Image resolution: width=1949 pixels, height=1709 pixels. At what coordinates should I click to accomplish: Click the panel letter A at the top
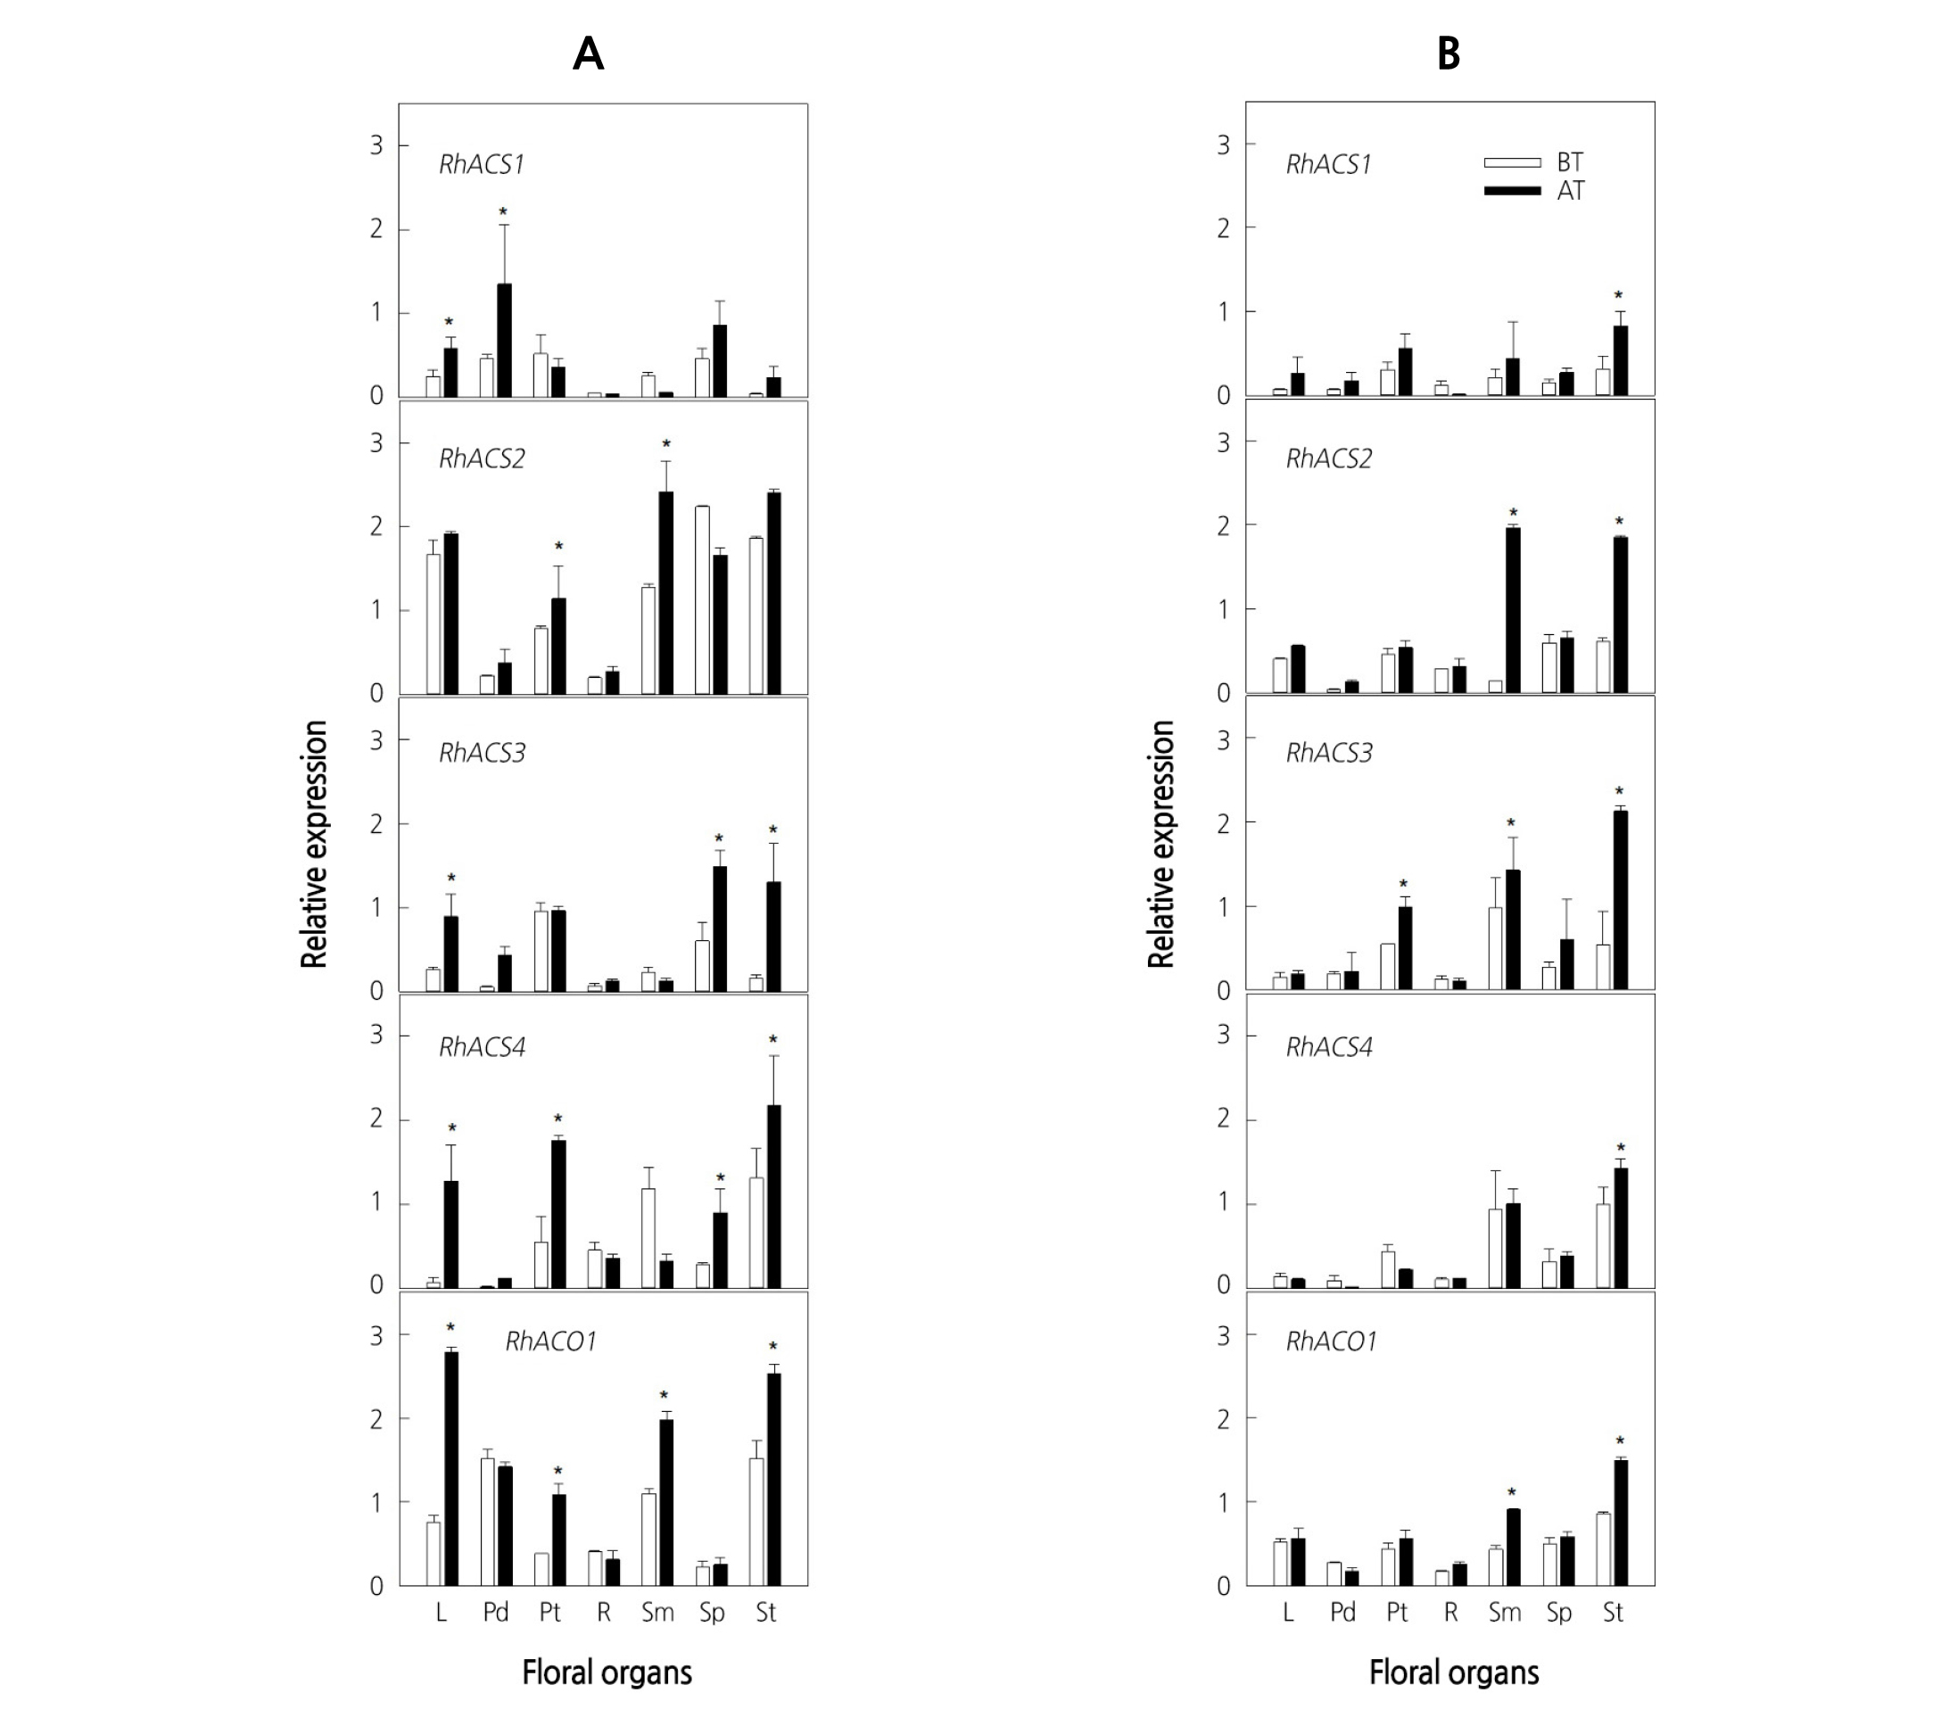pyautogui.click(x=589, y=54)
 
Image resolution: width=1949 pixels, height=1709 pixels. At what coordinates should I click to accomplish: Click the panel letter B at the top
pyautogui.click(x=1449, y=54)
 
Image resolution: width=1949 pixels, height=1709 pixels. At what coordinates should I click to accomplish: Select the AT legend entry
pyautogui.click(x=1570, y=191)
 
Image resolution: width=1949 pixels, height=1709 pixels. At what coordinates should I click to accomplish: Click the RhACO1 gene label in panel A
pyautogui.click(x=550, y=1342)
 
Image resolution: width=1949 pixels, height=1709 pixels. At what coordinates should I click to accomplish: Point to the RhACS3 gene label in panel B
pyautogui.click(x=1328, y=753)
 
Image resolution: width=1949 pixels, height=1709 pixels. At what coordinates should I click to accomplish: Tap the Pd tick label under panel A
pyautogui.click(x=496, y=1613)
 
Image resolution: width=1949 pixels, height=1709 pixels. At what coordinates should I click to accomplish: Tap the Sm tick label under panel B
pyautogui.click(x=1505, y=1613)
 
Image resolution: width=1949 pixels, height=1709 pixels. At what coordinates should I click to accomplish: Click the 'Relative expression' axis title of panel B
pyautogui.click(x=1160, y=844)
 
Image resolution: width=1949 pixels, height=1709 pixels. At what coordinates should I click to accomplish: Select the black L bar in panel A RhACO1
pyautogui.click(x=450, y=1469)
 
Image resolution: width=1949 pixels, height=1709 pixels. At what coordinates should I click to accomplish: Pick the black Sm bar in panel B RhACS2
pyautogui.click(x=1513, y=609)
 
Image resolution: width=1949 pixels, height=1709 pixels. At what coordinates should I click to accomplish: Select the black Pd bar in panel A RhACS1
pyautogui.click(x=504, y=340)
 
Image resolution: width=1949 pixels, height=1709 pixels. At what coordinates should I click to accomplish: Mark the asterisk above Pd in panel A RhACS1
pyautogui.click(x=503, y=211)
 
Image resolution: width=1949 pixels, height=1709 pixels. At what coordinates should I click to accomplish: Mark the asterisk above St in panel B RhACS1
pyautogui.click(x=1618, y=295)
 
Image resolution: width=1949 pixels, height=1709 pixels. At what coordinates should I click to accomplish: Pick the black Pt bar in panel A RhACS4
pyautogui.click(x=558, y=1213)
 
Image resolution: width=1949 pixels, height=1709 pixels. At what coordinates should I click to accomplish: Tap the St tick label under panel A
pyautogui.click(x=765, y=1613)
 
